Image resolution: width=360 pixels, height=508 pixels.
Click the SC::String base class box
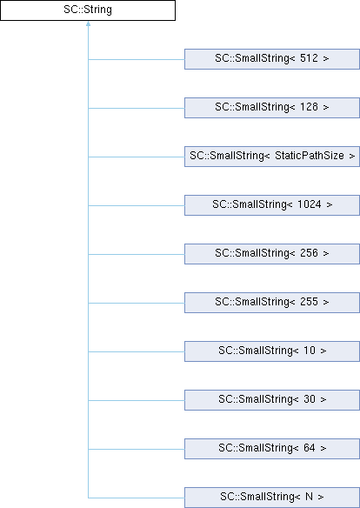pyautogui.click(x=88, y=10)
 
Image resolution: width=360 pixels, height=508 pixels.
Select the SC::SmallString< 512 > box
pyautogui.click(x=272, y=59)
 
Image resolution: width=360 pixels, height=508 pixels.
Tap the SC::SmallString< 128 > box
pyautogui.click(x=272, y=108)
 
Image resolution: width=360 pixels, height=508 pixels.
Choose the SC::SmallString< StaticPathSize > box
pyautogui.click(x=272, y=157)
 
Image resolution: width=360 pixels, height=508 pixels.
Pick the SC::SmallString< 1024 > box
pyautogui.click(x=272, y=205)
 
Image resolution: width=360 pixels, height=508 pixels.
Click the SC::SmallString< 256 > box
pyautogui.click(x=272, y=254)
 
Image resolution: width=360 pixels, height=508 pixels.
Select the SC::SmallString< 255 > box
pyautogui.click(x=272, y=303)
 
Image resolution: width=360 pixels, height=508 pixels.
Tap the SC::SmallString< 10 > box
pyautogui.click(x=272, y=351)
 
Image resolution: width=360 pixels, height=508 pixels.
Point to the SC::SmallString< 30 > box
pyautogui.click(x=272, y=400)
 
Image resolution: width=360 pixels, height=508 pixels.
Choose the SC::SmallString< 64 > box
pyautogui.click(x=272, y=449)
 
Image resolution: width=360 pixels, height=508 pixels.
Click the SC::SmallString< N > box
pyautogui.click(x=272, y=498)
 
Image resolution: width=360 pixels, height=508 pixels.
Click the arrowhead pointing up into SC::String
pyautogui.click(x=88, y=23)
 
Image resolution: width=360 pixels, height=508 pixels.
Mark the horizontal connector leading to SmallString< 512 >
pyautogui.click(x=137, y=60)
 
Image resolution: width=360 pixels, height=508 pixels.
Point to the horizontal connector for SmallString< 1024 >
pyautogui.click(x=137, y=206)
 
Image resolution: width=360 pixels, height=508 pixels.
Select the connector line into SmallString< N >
pyautogui.click(x=137, y=498)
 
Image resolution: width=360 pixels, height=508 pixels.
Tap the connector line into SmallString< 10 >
pyautogui.click(x=137, y=351)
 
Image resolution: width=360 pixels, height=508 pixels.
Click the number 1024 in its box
pyautogui.click(x=310, y=204)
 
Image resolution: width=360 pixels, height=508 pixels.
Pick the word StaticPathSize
pyautogui.click(x=310, y=156)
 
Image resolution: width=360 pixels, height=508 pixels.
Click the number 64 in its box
pyautogui.click(x=310, y=448)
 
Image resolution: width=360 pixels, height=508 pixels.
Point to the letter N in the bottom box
pyautogui.click(x=309, y=497)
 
